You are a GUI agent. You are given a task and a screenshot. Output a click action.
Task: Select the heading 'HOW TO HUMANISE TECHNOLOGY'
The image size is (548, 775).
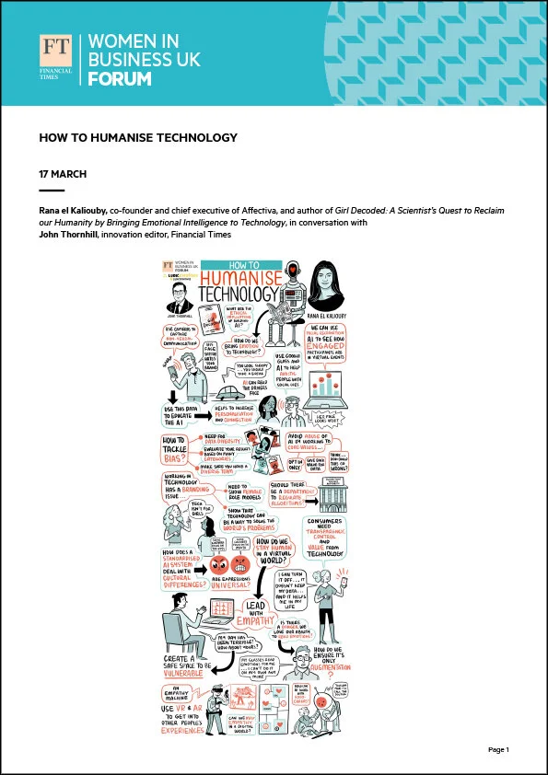pyautogui.click(x=138, y=138)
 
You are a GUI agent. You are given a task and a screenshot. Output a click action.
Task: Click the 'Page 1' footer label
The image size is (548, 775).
pyautogui.click(x=498, y=750)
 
